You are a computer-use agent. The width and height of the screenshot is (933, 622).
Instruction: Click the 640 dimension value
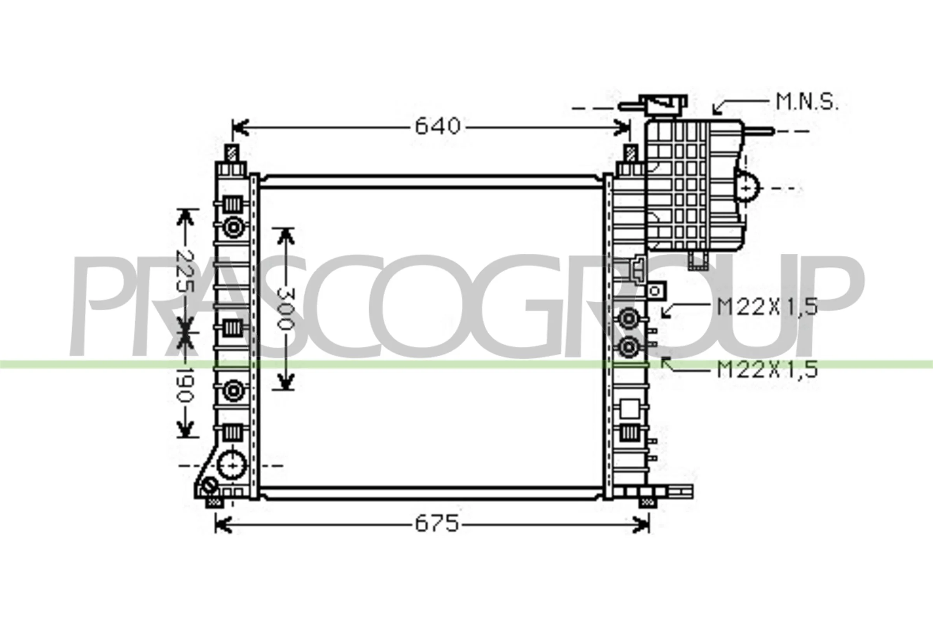(438, 127)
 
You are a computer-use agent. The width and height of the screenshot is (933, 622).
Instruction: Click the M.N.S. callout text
(807, 102)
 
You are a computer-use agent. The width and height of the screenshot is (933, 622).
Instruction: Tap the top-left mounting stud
(232, 153)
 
